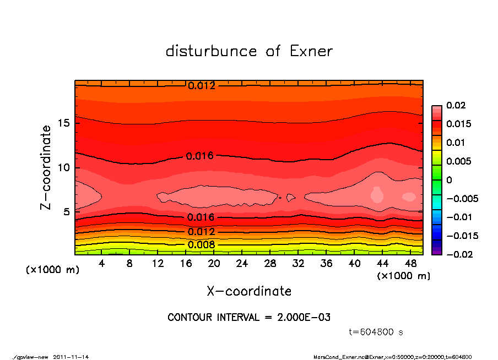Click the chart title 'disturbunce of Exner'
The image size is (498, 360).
point(249,51)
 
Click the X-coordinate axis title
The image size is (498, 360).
point(249,291)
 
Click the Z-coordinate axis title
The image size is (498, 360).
point(46,167)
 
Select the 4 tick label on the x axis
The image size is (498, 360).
point(102,263)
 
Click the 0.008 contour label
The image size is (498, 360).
point(198,244)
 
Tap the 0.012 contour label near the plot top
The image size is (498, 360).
point(202,86)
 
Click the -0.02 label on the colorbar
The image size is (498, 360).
point(458,254)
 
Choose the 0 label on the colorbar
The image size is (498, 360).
point(449,180)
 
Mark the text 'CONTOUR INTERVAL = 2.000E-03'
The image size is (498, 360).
point(249,318)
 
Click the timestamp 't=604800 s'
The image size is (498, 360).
point(376,332)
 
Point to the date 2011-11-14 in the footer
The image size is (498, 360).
point(71,357)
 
